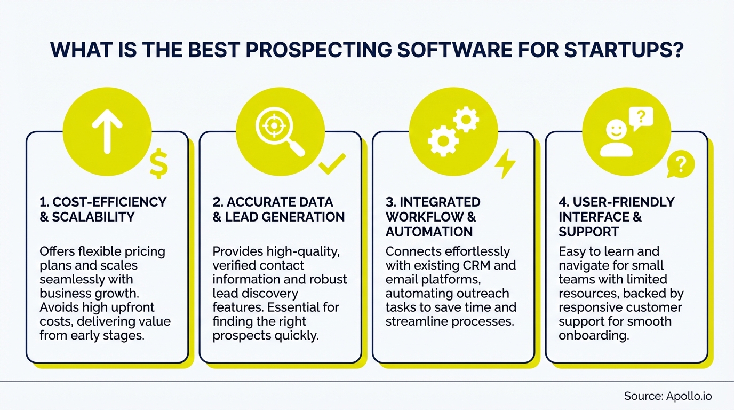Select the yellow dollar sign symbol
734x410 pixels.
(159, 163)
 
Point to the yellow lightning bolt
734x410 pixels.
(505, 164)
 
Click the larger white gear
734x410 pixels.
(443, 140)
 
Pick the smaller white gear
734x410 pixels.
(466, 119)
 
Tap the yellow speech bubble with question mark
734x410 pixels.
(680, 164)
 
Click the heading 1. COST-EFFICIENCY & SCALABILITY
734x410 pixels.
(103, 209)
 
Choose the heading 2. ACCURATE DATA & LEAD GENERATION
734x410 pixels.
(278, 209)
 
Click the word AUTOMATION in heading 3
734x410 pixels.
(429, 232)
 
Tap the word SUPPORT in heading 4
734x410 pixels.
(589, 232)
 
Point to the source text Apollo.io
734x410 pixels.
(689, 396)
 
